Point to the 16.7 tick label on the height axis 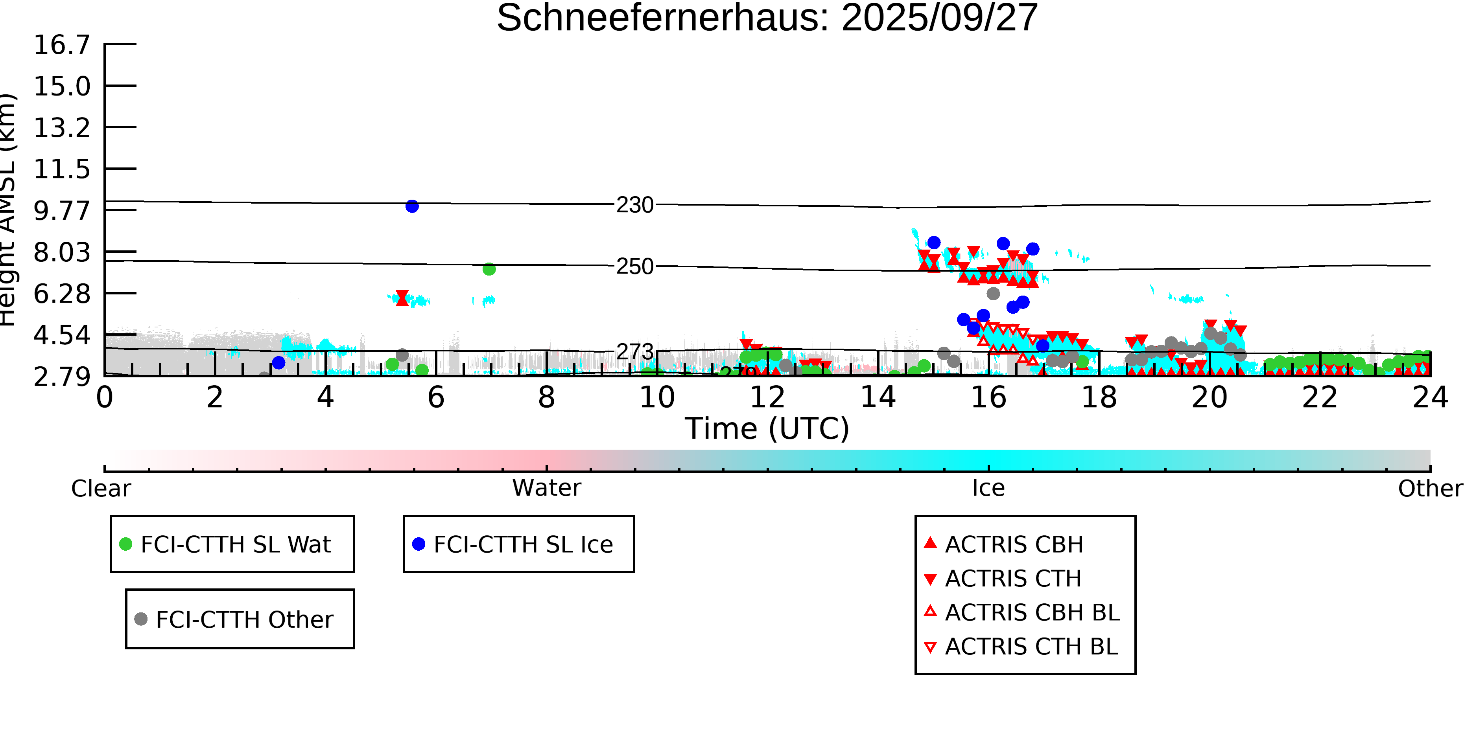[62, 45]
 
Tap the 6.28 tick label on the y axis [62, 294]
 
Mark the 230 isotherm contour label [634, 205]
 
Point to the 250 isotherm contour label [634, 266]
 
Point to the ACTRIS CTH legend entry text [1013, 579]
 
